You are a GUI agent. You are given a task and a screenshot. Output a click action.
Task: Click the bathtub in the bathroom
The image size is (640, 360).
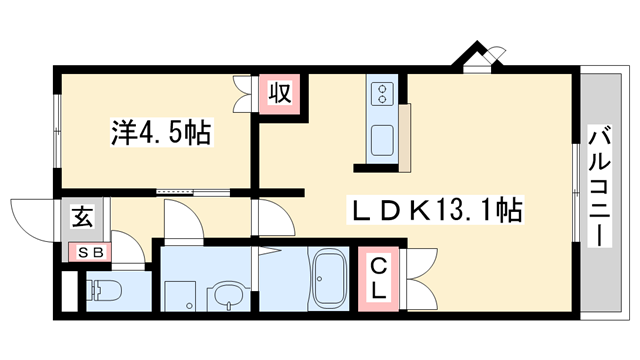[329, 282]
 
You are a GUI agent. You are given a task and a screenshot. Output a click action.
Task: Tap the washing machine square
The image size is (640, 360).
[180, 296]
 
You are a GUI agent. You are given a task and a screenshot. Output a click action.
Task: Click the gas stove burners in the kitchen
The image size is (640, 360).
[381, 95]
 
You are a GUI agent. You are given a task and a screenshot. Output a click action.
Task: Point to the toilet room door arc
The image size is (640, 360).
[127, 246]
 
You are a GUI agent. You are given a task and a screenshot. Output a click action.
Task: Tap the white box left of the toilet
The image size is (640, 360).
[69, 293]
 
